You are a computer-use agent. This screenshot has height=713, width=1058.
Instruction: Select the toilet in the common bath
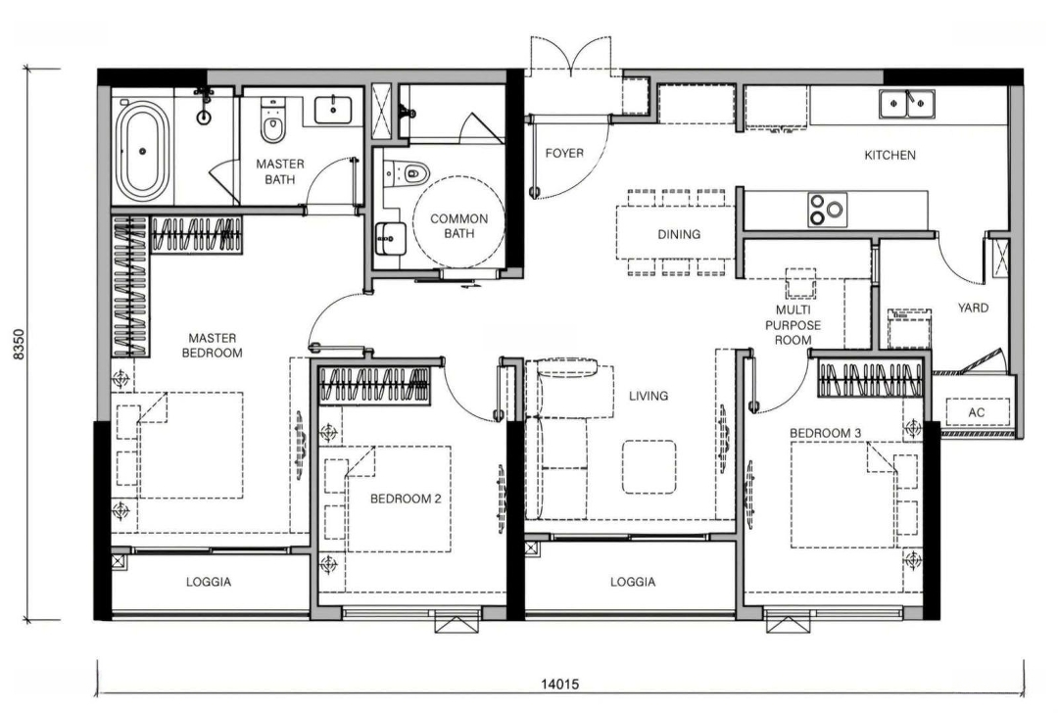click(407, 172)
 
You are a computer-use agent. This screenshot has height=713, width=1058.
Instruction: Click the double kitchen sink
click(906, 104)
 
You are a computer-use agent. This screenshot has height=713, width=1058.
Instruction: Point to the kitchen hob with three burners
click(827, 210)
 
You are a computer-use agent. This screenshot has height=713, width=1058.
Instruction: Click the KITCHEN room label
click(890, 155)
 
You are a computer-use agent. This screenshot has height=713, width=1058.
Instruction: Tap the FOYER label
click(564, 153)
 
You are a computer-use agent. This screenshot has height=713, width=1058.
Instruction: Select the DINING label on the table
click(679, 234)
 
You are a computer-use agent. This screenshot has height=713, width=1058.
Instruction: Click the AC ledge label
click(976, 412)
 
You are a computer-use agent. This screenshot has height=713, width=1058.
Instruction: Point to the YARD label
click(973, 308)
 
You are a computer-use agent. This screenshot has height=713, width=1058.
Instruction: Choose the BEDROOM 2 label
click(406, 499)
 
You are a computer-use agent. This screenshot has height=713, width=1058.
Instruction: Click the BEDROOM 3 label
click(825, 432)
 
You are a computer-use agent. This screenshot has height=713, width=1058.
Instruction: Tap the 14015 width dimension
click(560, 684)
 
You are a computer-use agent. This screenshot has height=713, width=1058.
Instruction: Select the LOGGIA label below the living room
click(632, 582)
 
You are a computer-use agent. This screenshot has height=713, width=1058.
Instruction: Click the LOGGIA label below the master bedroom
click(209, 582)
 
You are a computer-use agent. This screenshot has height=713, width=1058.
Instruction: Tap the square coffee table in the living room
click(649, 467)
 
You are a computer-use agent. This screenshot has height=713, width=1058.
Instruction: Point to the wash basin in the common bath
click(391, 238)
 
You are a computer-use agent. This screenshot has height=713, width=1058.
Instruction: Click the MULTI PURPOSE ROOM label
click(793, 325)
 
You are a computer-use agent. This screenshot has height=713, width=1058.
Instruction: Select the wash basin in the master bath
click(333, 110)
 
